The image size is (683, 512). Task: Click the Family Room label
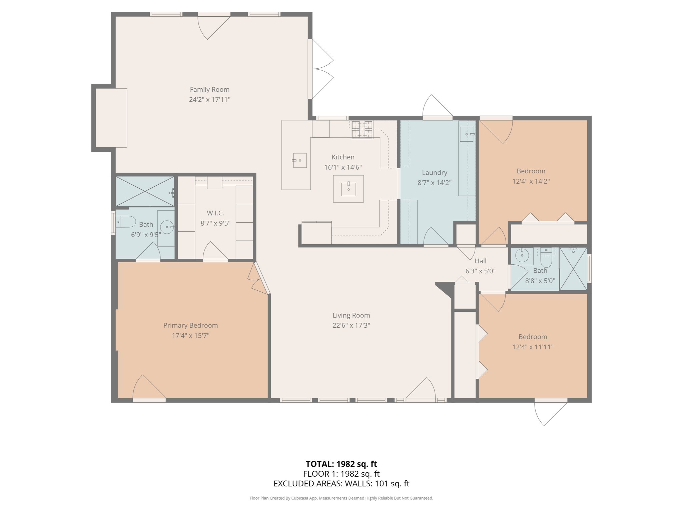(x=209, y=89)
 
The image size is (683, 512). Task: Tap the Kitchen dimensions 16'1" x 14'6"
(x=343, y=167)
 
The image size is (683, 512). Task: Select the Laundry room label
(x=435, y=173)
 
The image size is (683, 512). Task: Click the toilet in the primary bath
(x=126, y=222)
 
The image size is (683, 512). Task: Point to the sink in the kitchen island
(x=349, y=189)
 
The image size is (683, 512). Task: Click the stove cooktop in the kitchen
(x=362, y=130)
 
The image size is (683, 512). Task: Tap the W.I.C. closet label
(x=215, y=213)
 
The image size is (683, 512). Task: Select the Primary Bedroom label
(x=190, y=325)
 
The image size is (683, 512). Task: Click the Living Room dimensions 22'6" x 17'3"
(x=351, y=325)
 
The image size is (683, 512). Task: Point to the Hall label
(x=481, y=261)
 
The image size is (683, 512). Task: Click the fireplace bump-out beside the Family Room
(x=111, y=118)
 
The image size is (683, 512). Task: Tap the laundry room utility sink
(x=467, y=134)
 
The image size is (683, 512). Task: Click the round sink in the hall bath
(x=522, y=256)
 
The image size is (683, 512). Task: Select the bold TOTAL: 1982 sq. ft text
(x=341, y=464)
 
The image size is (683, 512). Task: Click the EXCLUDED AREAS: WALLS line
(x=341, y=484)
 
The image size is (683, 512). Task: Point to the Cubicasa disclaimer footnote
(x=341, y=498)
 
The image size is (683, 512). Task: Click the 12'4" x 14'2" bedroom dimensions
(x=531, y=181)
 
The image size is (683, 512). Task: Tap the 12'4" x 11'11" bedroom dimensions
(x=533, y=347)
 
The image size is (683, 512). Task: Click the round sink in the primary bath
(x=167, y=227)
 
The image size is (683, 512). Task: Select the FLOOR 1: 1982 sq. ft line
(x=341, y=474)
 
